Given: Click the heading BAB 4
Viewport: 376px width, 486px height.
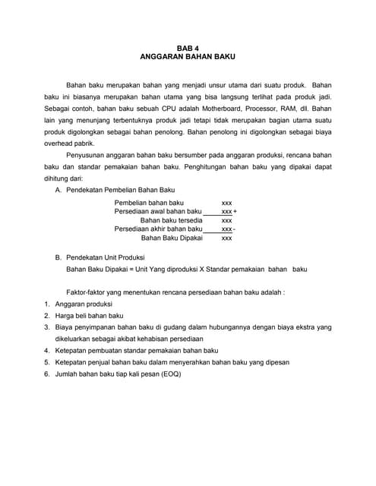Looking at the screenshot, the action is coord(187,48).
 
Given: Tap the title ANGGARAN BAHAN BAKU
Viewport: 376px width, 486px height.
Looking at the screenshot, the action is coord(187,57).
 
